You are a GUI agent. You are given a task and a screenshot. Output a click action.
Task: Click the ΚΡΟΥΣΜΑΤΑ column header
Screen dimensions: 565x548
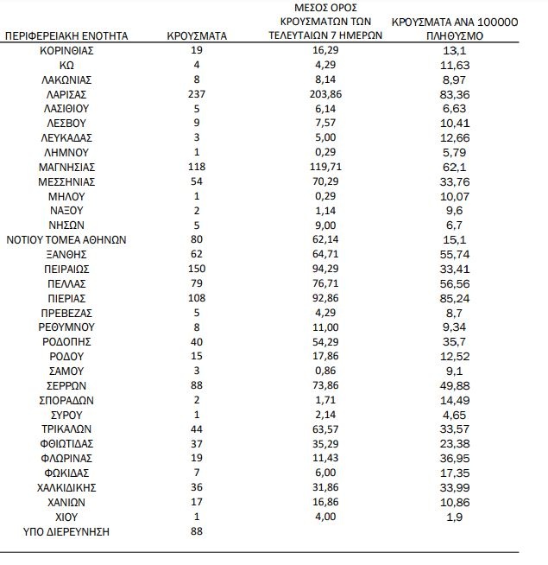[196, 37]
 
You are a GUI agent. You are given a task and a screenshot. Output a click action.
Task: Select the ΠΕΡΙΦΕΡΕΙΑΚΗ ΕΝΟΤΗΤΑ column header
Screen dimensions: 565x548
[66, 37]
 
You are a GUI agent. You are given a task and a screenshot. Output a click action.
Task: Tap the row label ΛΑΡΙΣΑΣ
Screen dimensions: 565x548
[66, 93]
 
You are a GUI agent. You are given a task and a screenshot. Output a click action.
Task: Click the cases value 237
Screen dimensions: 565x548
[196, 93]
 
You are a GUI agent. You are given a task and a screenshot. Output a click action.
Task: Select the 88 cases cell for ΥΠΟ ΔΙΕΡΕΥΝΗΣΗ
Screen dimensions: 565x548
[196, 531]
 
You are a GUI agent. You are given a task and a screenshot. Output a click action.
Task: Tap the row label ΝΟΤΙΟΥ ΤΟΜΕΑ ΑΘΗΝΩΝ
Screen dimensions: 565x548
[66, 239]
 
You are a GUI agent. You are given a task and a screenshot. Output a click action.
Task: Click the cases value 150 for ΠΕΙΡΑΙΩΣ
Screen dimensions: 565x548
[196, 269]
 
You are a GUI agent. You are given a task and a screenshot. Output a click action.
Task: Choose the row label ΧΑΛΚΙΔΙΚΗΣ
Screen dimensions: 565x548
[66, 487]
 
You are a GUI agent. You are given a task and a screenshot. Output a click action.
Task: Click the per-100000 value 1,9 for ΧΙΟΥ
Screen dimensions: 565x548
[455, 517]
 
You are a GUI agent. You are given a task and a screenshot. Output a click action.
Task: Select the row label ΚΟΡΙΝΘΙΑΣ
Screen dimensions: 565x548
[66, 50]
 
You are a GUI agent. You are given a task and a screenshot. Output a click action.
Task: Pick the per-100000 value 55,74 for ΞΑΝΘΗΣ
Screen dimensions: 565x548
[455, 254]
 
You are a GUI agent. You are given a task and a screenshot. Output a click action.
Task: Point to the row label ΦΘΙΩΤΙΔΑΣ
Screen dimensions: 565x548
[66, 443]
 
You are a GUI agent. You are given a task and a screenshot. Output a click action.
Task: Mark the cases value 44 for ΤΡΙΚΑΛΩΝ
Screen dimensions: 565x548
[196, 429]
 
